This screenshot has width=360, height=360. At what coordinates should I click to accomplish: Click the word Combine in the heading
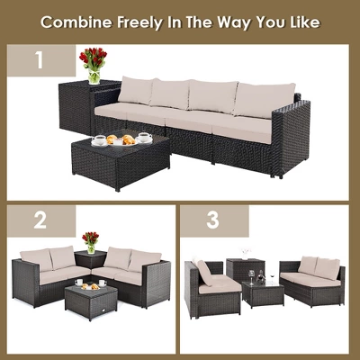(77, 20)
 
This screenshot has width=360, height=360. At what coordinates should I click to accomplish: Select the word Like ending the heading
(300, 20)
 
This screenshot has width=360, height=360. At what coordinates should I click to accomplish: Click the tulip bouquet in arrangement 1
(93, 62)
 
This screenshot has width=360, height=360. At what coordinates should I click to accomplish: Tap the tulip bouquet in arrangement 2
(90, 240)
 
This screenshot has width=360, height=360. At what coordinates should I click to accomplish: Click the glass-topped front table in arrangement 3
(262, 293)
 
